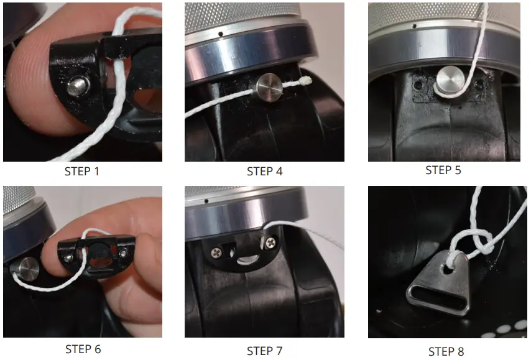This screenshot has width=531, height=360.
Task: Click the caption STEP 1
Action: pos(82,172)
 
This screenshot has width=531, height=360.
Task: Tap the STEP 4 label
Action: pos(264,172)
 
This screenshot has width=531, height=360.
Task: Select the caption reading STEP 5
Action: pos(445,170)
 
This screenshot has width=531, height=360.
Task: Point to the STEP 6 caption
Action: pos(83,349)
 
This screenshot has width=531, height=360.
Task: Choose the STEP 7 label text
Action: pos(264,351)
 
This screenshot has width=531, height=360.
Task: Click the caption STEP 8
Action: pos(446,351)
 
